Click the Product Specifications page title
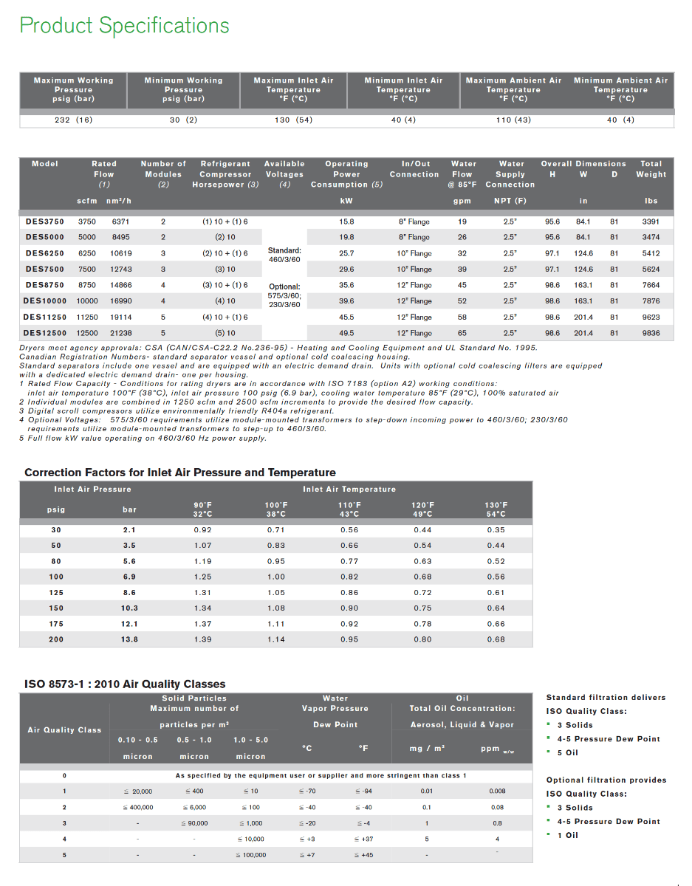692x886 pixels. coord(124,25)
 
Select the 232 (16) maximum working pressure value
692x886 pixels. coord(74,120)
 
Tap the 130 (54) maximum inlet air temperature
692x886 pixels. coord(293,120)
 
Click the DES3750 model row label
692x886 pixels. coord(45,221)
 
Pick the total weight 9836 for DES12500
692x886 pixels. coord(651,333)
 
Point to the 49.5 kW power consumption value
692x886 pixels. coord(346,333)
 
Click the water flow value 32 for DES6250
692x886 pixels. coord(462,253)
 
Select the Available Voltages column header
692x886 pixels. coord(284,169)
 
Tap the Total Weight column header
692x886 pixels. coord(651,169)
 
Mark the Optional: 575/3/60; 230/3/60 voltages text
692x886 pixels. coord(284,295)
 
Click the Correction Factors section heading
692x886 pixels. coord(180,473)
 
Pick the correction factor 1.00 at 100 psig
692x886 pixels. coord(276,577)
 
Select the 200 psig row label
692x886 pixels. coord(56,639)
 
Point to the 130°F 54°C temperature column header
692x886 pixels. coord(496,509)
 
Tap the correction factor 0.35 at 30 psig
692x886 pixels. coord(496,530)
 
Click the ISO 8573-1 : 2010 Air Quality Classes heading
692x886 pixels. coord(125,684)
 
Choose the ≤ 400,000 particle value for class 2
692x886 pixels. coord(137,807)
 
